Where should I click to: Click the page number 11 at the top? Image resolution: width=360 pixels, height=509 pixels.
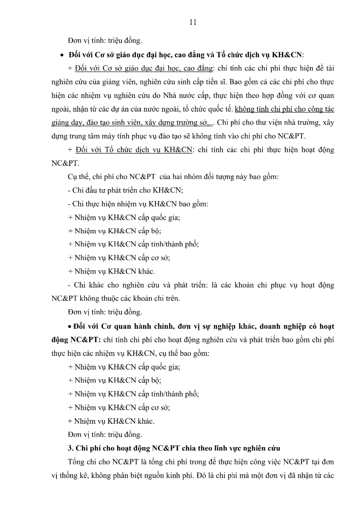pos(193,22)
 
